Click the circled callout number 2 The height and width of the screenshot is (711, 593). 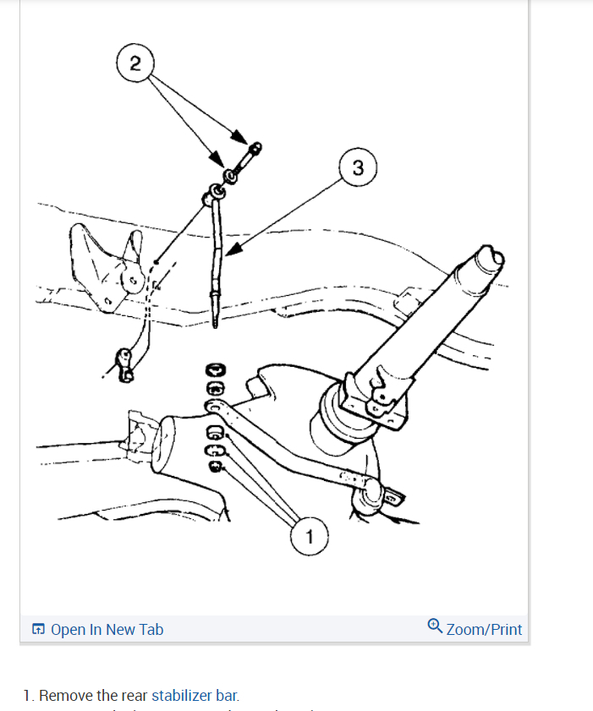(x=136, y=63)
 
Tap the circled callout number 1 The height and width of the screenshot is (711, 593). (x=310, y=536)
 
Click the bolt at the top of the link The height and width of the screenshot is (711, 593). (x=250, y=155)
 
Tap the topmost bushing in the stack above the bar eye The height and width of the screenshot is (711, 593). (x=215, y=370)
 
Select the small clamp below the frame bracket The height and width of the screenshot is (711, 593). (x=125, y=362)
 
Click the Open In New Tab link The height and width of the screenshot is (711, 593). (x=107, y=629)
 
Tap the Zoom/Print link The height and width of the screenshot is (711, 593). (x=484, y=629)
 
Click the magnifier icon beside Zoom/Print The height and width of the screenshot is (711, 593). (x=435, y=626)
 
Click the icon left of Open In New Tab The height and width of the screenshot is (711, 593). (x=39, y=629)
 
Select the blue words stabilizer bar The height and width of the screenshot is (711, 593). (x=194, y=696)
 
